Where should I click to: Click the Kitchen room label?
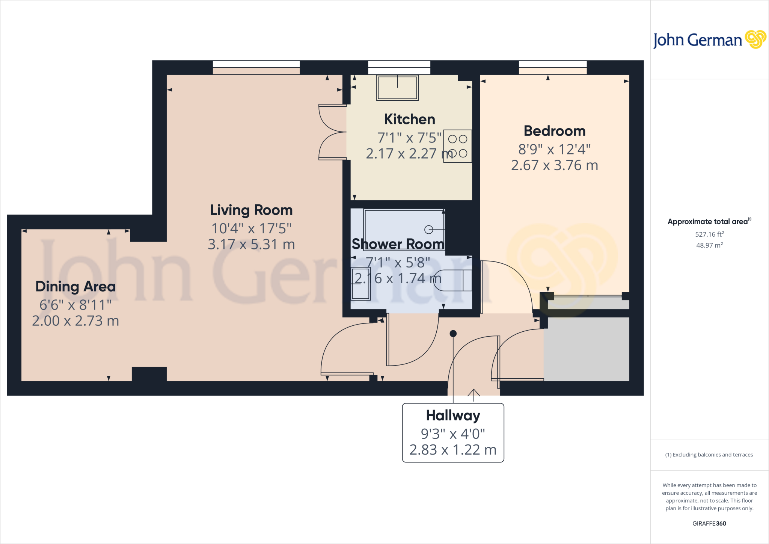pyautogui.click(x=409, y=119)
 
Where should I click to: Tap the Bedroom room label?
pyautogui.click(x=554, y=131)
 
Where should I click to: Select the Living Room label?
pyautogui.click(x=251, y=210)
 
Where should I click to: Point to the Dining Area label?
pyautogui.click(x=75, y=287)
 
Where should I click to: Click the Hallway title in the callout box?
pyautogui.click(x=453, y=416)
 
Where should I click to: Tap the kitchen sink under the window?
pyautogui.click(x=397, y=88)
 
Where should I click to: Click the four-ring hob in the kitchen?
pyautogui.click(x=457, y=146)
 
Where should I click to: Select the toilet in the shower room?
pyautogui.click(x=453, y=280)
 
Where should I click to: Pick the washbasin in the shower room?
pyautogui.click(x=360, y=284)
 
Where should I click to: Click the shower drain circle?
pyautogui.click(x=428, y=229)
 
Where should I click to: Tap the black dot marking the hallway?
pyautogui.click(x=453, y=333)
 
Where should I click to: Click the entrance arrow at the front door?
pyautogui.click(x=474, y=394)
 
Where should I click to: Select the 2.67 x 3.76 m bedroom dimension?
pyautogui.click(x=554, y=165)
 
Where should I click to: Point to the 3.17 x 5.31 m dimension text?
pyautogui.click(x=251, y=245)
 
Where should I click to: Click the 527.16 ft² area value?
pyautogui.click(x=709, y=234)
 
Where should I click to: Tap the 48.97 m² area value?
pyautogui.click(x=709, y=245)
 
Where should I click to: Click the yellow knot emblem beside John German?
pyautogui.click(x=755, y=39)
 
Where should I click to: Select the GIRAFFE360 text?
pyautogui.click(x=709, y=523)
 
